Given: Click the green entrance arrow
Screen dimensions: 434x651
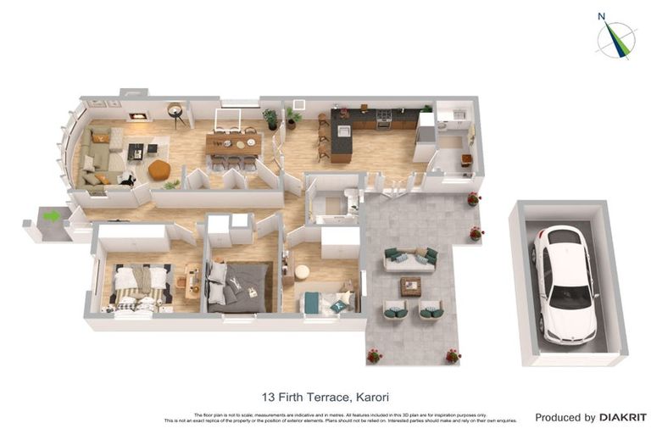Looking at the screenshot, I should tap(52, 216).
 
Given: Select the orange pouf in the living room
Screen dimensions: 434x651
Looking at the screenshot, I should tap(159, 170).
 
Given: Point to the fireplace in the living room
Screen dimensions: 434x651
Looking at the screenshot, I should tap(136, 117).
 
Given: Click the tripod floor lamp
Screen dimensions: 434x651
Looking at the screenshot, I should tap(176, 113).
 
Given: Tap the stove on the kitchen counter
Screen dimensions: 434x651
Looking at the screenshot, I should tap(384, 117).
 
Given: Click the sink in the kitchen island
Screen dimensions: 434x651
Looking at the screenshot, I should tap(343, 131).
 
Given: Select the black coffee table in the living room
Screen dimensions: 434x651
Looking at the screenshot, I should tap(136, 152).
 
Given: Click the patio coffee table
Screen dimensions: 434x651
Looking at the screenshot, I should tap(411, 286).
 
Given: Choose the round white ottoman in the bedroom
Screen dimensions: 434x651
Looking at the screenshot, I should tap(302, 271).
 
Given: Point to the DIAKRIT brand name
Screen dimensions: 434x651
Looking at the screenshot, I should tap(623, 417).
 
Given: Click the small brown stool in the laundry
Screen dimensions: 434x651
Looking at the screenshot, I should tap(466, 159).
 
